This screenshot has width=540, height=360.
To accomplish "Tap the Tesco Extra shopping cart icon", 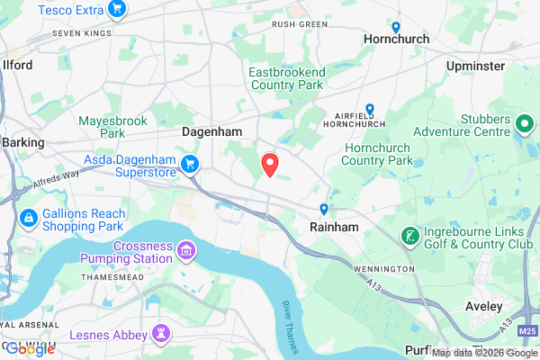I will click(x=116, y=10).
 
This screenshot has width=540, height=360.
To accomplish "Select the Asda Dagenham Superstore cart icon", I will click(x=190, y=164).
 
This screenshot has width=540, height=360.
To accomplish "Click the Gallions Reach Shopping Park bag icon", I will click(x=29, y=218).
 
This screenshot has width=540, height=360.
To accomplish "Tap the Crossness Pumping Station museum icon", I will click(x=186, y=248).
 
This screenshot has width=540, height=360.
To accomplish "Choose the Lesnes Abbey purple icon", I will click(x=162, y=334).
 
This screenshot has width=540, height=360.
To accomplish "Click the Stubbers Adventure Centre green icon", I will click(x=524, y=122).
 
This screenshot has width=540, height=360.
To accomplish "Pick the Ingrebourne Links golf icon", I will click(x=410, y=236).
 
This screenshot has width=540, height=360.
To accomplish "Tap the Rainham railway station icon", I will click(x=324, y=210).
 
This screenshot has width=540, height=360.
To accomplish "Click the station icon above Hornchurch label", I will click(x=396, y=27).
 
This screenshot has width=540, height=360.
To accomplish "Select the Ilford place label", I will click(x=17, y=66).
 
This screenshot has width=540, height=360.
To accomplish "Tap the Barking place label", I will click(x=22, y=142).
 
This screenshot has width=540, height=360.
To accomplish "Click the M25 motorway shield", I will click(x=527, y=332).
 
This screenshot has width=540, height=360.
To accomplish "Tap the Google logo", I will click(x=29, y=349).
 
